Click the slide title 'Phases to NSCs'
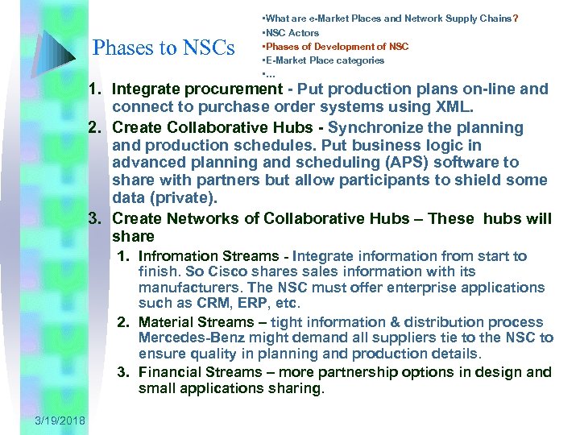[164, 48]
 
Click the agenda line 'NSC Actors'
[291, 33]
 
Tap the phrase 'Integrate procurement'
[197, 89]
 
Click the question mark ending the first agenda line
[516, 18]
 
